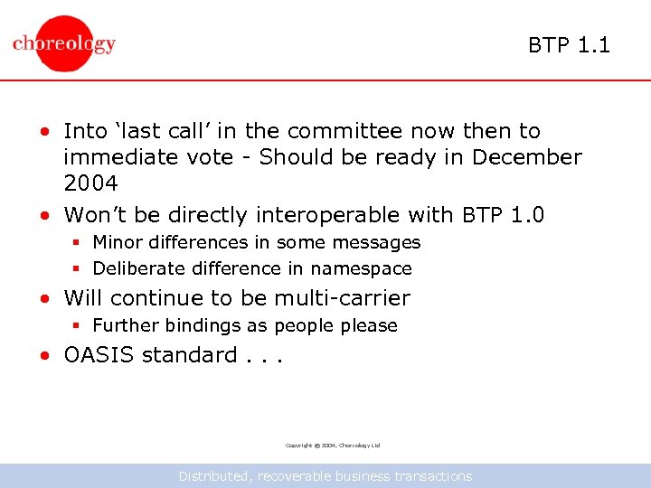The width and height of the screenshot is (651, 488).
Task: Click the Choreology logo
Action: click(x=64, y=43)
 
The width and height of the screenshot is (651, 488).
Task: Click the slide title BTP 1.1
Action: click(x=569, y=44)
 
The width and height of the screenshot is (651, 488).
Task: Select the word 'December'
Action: click(x=528, y=157)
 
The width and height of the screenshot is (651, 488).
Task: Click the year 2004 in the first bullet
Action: click(x=90, y=183)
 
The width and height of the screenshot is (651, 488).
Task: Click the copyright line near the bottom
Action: click(x=333, y=446)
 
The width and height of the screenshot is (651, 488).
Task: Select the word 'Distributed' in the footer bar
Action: click(x=216, y=476)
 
